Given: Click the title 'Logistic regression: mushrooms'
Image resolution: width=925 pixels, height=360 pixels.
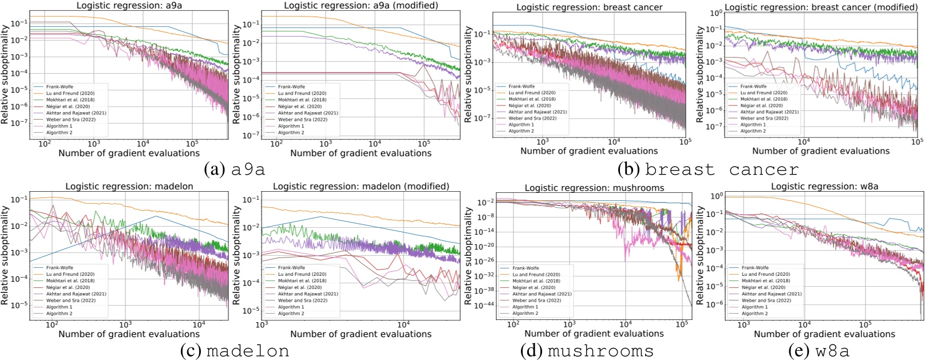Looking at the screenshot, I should point(594,188).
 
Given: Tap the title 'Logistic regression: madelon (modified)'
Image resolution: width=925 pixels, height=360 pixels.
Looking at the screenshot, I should point(361,187).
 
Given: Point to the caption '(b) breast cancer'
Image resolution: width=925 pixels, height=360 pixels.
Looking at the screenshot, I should point(708,169).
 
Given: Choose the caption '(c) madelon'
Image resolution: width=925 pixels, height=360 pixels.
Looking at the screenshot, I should point(235,350).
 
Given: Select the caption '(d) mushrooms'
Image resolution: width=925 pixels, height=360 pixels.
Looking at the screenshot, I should point(586,350).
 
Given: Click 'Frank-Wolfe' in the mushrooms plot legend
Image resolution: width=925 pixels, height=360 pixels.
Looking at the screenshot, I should point(525,268).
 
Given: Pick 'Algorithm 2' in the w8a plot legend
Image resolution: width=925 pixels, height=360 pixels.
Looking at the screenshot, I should point(754,314).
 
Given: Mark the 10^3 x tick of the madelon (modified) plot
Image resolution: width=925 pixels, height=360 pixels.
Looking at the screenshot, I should point(262,324).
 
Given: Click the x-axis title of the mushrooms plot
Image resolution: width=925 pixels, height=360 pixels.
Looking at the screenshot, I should point(594,333).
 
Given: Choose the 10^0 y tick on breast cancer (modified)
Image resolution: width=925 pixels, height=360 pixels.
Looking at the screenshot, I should point(717,13).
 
